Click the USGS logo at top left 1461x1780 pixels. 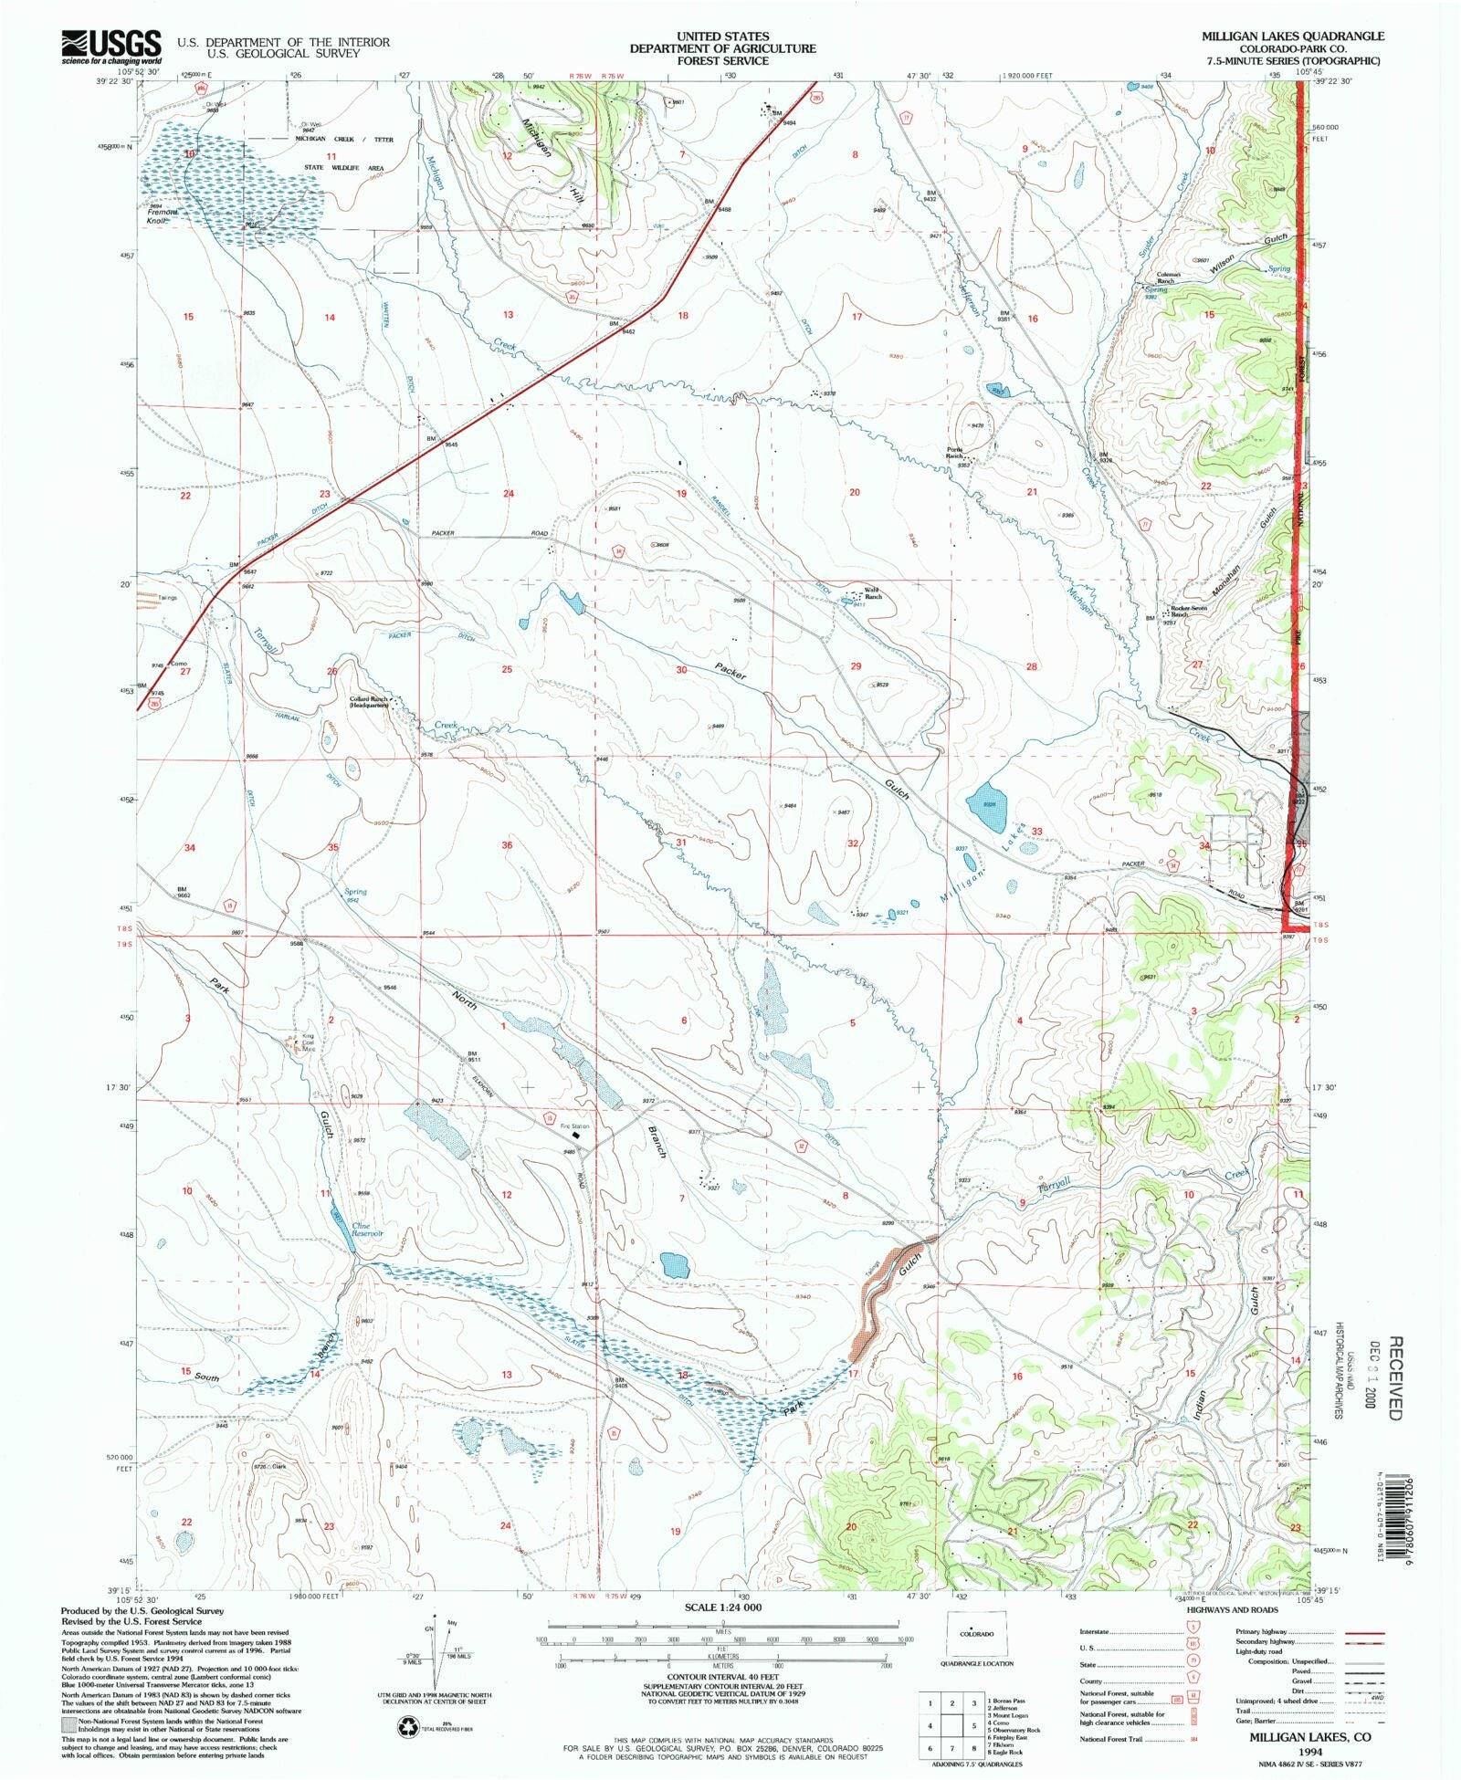click(110, 46)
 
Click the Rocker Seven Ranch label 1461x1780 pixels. click(1189, 611)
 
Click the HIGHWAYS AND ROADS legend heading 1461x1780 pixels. click(1232, 1610)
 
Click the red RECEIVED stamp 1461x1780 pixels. click(1394, 1377)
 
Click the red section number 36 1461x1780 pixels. click(507, 845)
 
